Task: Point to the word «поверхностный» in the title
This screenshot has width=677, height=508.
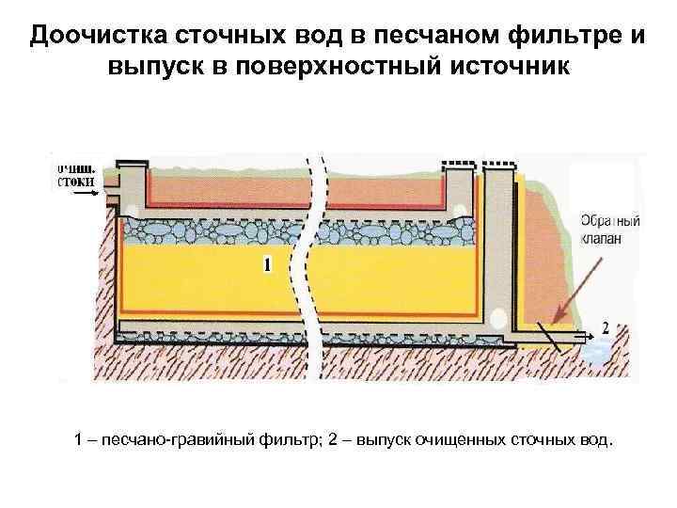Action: coord(343,69)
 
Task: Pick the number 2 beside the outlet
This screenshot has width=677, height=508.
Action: coord(604,328)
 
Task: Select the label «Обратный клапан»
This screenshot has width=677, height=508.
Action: coord(609,231)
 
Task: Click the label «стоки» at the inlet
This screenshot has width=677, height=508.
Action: coord(74,179)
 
